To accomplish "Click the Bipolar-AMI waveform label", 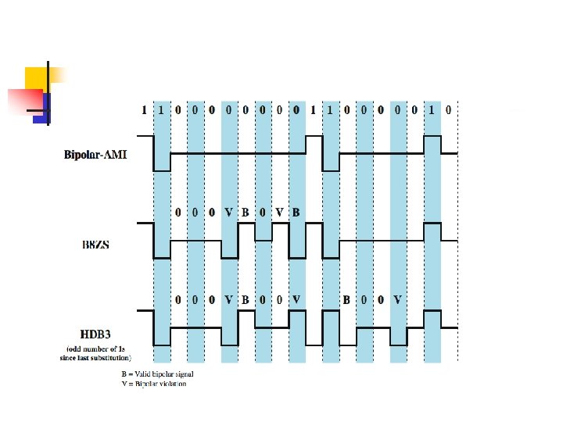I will pos(95,155).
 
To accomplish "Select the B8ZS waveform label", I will pos(95,244).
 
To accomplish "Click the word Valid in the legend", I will pos(144,374).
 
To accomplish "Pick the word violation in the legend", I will pos(175,384).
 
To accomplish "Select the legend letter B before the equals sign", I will pos(124,374).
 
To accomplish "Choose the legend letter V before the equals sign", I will pos(124,384).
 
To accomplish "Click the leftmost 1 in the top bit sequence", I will pos(144,110).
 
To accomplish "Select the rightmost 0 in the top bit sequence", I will pos(448,110).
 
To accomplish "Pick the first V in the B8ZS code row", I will pos(228,212).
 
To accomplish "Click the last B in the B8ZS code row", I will pos(296,212).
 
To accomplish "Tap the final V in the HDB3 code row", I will pos(398,299).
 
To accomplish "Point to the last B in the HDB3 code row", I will pos(346,299).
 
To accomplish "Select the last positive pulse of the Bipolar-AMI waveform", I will pos(432,145).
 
